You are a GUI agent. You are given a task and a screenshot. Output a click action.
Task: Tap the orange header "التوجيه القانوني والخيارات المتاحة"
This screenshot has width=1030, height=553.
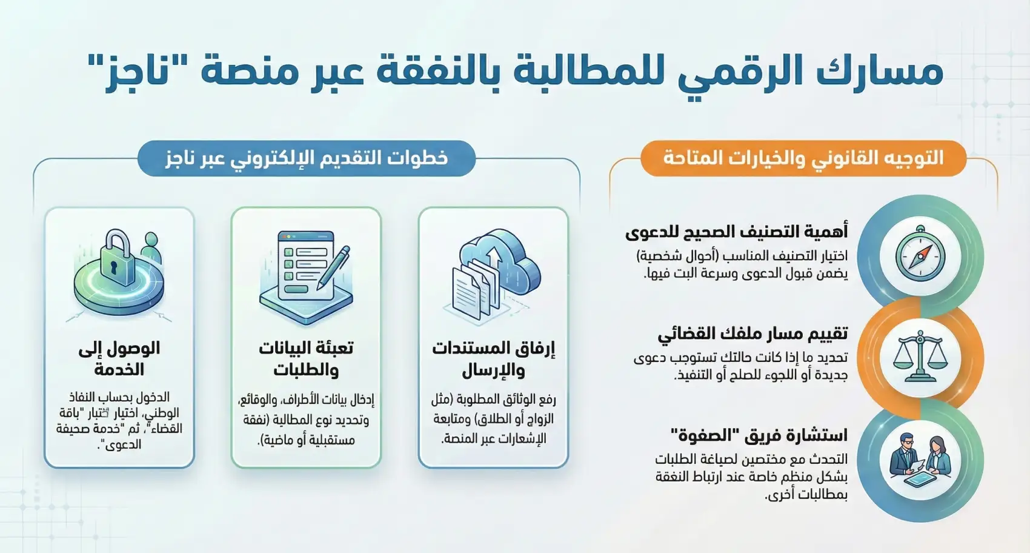pos(803,158)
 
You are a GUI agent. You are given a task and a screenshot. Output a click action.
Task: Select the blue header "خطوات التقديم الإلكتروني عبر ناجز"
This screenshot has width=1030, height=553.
pos(307,158)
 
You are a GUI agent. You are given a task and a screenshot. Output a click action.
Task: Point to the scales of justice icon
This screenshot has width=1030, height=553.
pos(920,356)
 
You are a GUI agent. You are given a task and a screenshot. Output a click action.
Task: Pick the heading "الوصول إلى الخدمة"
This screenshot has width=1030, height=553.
pos(119,358)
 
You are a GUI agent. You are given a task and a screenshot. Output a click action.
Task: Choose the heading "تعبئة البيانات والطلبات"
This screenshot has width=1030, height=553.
pos(306,358)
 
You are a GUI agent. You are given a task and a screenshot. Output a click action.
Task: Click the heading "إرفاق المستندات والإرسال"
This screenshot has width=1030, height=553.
pos(493,358)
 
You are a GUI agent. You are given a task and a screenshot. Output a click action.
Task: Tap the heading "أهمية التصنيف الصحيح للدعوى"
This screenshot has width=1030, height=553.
pos(736,232)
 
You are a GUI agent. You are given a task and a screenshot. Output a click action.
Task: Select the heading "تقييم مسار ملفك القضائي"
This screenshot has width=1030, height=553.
pos(753,333)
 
